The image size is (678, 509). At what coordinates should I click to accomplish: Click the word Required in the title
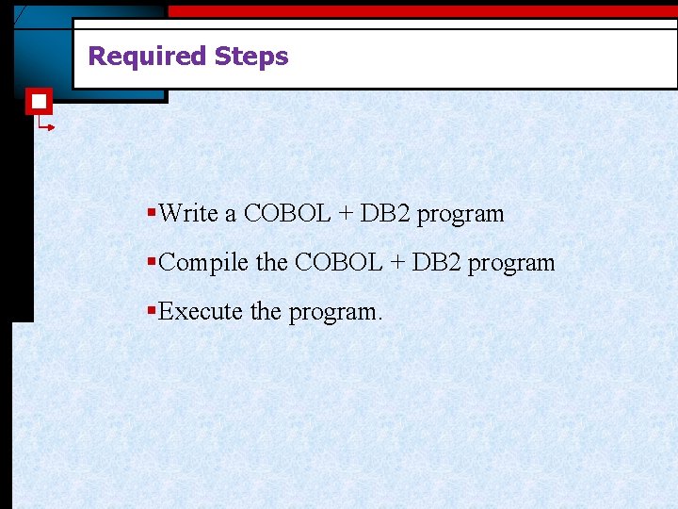(x=147, y=57)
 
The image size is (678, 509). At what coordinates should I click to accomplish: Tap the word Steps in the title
(x=251, y=57)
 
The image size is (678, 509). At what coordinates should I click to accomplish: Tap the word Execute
(x=201, y=312)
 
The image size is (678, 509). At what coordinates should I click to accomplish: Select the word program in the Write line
(x=460, y=216)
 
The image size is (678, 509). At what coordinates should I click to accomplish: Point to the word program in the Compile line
(x=511, y=265)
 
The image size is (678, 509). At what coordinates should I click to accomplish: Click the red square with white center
(x=38, y=101)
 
